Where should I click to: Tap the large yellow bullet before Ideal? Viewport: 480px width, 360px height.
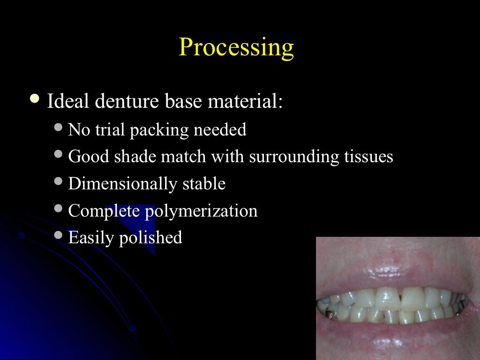(x=34, y=99)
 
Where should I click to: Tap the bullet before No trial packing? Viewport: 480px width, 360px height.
(x=58, y=127)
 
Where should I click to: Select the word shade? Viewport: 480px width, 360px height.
(x=136, y=157)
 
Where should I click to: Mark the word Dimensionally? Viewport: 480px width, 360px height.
(x=121, y=184)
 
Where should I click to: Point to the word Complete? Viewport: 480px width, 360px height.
(x=104, y=211)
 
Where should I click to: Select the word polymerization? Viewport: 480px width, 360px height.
(x=201, y=212)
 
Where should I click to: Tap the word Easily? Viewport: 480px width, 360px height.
(x=91, y=238)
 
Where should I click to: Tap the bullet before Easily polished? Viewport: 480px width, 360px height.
(x=58, y=235)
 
